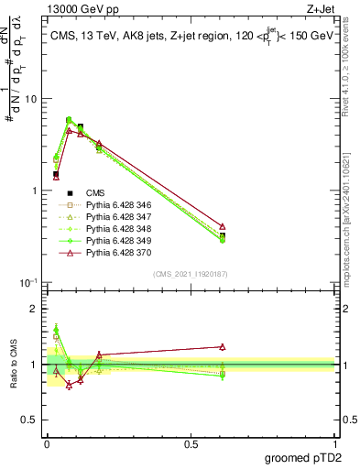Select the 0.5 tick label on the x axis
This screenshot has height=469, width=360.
[191, 442]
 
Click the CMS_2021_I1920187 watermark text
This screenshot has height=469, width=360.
[190, 274]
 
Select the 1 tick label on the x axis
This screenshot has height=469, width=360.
[334, 442]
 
